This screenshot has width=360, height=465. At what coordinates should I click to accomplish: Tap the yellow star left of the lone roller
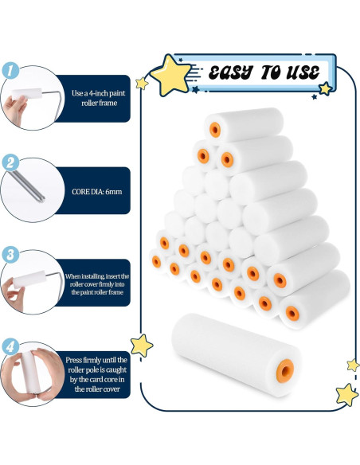(x=142, y=345)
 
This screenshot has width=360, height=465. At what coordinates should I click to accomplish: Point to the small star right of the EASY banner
(x=325, y=88)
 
